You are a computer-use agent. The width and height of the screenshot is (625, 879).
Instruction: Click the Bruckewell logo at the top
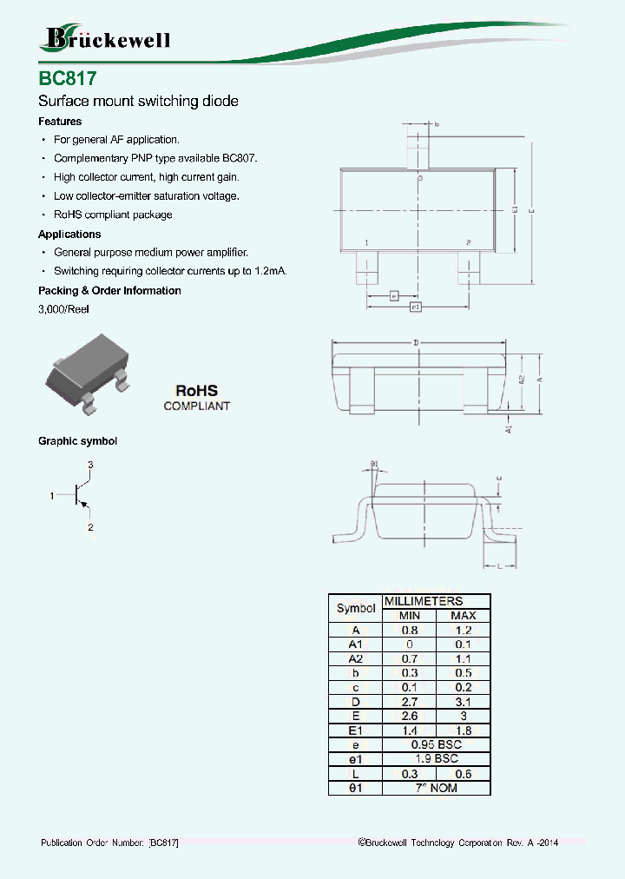(106, 38)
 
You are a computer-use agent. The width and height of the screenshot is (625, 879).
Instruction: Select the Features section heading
(60, 122)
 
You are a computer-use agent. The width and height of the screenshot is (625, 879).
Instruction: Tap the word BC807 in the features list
(240, 158)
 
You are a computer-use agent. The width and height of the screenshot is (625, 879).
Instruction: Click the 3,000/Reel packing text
(63, 309)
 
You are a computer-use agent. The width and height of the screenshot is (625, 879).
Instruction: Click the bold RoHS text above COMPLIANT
(196, 391)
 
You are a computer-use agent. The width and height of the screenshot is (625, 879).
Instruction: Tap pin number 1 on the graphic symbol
(52, 496)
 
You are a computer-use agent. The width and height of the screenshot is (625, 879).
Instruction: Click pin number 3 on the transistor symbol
(90, 466)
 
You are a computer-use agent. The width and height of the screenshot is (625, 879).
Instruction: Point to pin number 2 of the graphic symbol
(90, 526)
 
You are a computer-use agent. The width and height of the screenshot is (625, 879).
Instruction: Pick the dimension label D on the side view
(416, 344)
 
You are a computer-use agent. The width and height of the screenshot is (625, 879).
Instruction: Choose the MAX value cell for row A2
(463, 659)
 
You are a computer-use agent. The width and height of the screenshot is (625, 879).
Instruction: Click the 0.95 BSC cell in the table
(436, 745)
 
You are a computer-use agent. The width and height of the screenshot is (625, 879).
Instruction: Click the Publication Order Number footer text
(110, 843)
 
